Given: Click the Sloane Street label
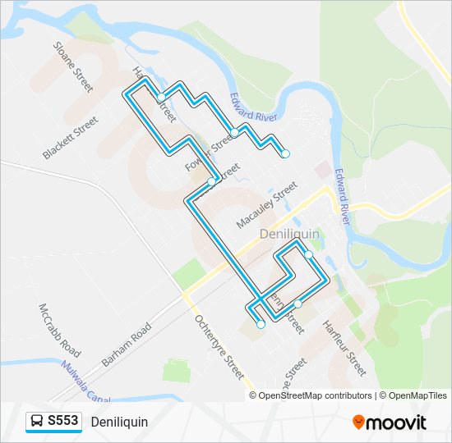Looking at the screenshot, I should (72, 67).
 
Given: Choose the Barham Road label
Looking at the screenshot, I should (127, 344).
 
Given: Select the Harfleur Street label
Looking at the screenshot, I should (344, 348).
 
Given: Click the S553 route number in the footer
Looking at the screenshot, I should (63, 422).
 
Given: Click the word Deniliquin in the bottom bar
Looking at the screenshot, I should (120, 422).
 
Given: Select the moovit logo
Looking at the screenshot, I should (390, 422).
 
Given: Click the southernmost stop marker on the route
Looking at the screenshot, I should (261, 325).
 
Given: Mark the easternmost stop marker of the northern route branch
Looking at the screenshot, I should (285, 153).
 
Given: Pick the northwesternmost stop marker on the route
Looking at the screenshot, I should (161, 98).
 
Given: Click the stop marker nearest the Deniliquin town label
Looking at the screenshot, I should (308, 254).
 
